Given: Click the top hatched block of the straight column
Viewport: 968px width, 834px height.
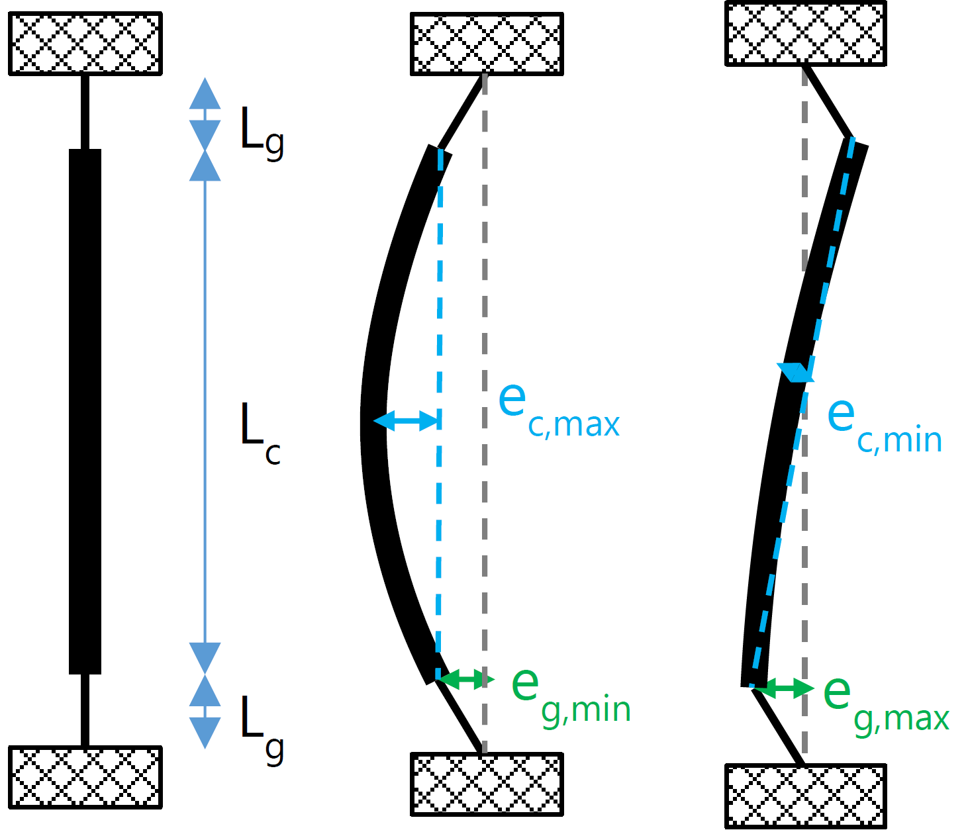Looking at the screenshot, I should click(85, 43).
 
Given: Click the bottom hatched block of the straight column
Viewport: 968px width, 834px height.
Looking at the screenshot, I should click(85, 777).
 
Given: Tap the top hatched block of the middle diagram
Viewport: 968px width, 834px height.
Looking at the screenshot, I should click(487, 44).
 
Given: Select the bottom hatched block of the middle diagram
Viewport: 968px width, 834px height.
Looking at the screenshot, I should click(487, 784).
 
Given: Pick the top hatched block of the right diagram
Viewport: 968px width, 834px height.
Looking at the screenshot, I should click(805, 33).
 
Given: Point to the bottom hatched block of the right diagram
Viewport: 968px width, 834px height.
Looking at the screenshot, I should click(805, 796).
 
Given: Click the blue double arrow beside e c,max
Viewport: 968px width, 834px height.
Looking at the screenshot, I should click(406, 420).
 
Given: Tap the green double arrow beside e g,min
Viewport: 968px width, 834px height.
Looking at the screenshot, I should click(467, 679).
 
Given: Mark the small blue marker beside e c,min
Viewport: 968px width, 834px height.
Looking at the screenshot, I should click(795, 372).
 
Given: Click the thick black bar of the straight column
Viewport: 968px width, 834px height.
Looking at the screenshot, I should click(85, 410).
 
